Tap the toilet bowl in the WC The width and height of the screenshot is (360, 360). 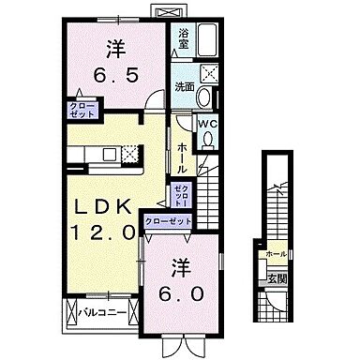pos(208,142)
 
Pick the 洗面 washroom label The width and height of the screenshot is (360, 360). pos(185,86)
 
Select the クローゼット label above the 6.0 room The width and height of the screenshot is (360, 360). pos(169,221)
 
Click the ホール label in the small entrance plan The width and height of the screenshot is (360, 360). pos(276,253)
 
